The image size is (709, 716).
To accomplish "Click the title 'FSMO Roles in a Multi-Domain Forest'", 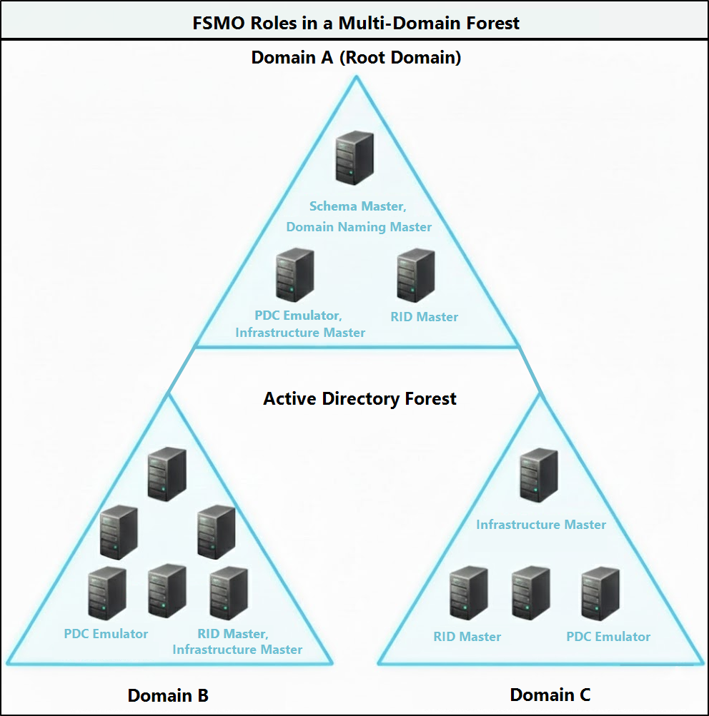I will [355, 22].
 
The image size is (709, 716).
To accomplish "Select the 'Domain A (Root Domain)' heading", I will [355, 58].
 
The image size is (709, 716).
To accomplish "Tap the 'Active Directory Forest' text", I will [360, 398].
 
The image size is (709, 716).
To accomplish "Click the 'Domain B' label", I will [168, 695].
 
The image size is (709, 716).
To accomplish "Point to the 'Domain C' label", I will [550, 694].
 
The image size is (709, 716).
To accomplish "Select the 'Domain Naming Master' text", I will [359, 227].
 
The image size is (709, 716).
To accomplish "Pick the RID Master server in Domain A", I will [417, 275].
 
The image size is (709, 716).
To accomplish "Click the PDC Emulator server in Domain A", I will [295, 274].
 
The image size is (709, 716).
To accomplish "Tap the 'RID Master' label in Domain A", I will [424, 316].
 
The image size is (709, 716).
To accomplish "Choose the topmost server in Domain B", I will [167, 473].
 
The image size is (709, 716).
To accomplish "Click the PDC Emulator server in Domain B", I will [106, 593].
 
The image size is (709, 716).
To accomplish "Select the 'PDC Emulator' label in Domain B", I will [106, 634].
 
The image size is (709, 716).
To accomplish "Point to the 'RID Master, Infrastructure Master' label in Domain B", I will [237, 641].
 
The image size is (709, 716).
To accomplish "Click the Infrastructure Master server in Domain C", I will [539, 475].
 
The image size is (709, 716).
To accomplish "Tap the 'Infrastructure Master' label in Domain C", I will [541, 525].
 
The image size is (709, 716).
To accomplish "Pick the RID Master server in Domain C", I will [469, 593].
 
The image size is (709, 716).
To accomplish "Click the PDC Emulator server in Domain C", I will [600, 593].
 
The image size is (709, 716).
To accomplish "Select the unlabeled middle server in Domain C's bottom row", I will [531, 593].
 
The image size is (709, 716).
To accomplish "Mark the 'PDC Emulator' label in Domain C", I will [608, 636].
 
